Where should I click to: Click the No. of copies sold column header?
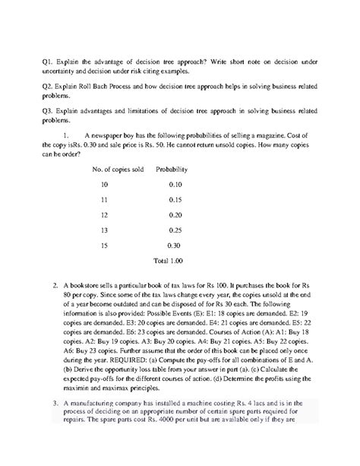[118, 169]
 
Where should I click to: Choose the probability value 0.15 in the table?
[175, 200]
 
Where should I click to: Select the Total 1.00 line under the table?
[168, 261]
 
